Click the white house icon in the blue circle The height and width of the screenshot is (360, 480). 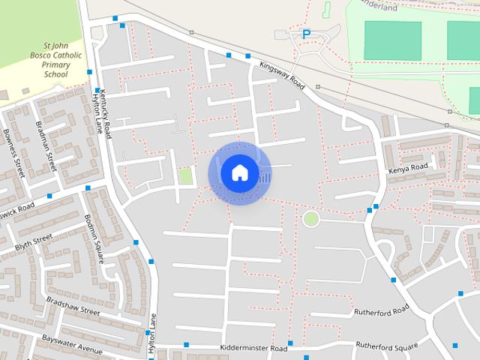239,172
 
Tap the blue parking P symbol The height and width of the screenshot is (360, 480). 306,34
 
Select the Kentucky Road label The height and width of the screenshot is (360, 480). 106,113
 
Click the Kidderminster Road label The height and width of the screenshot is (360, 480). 253,349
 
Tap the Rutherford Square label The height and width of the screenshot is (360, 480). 386,346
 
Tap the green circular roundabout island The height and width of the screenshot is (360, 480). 310,219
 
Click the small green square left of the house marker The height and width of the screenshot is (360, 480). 185,176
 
